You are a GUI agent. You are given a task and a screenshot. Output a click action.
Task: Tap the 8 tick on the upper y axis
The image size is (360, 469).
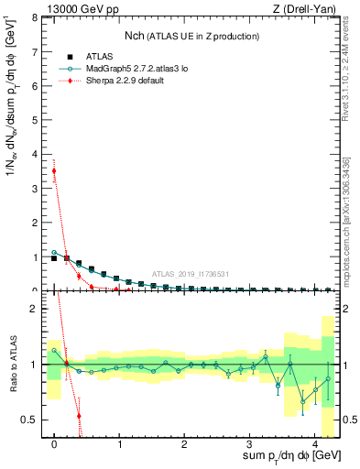[37, 17]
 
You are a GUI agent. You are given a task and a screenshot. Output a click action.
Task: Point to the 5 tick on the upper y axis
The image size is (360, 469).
[37, 120]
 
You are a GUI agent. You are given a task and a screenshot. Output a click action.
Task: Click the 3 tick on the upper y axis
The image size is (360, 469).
[37, 189]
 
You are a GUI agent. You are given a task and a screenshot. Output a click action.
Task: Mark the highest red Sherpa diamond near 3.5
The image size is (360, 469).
[54, 170]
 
